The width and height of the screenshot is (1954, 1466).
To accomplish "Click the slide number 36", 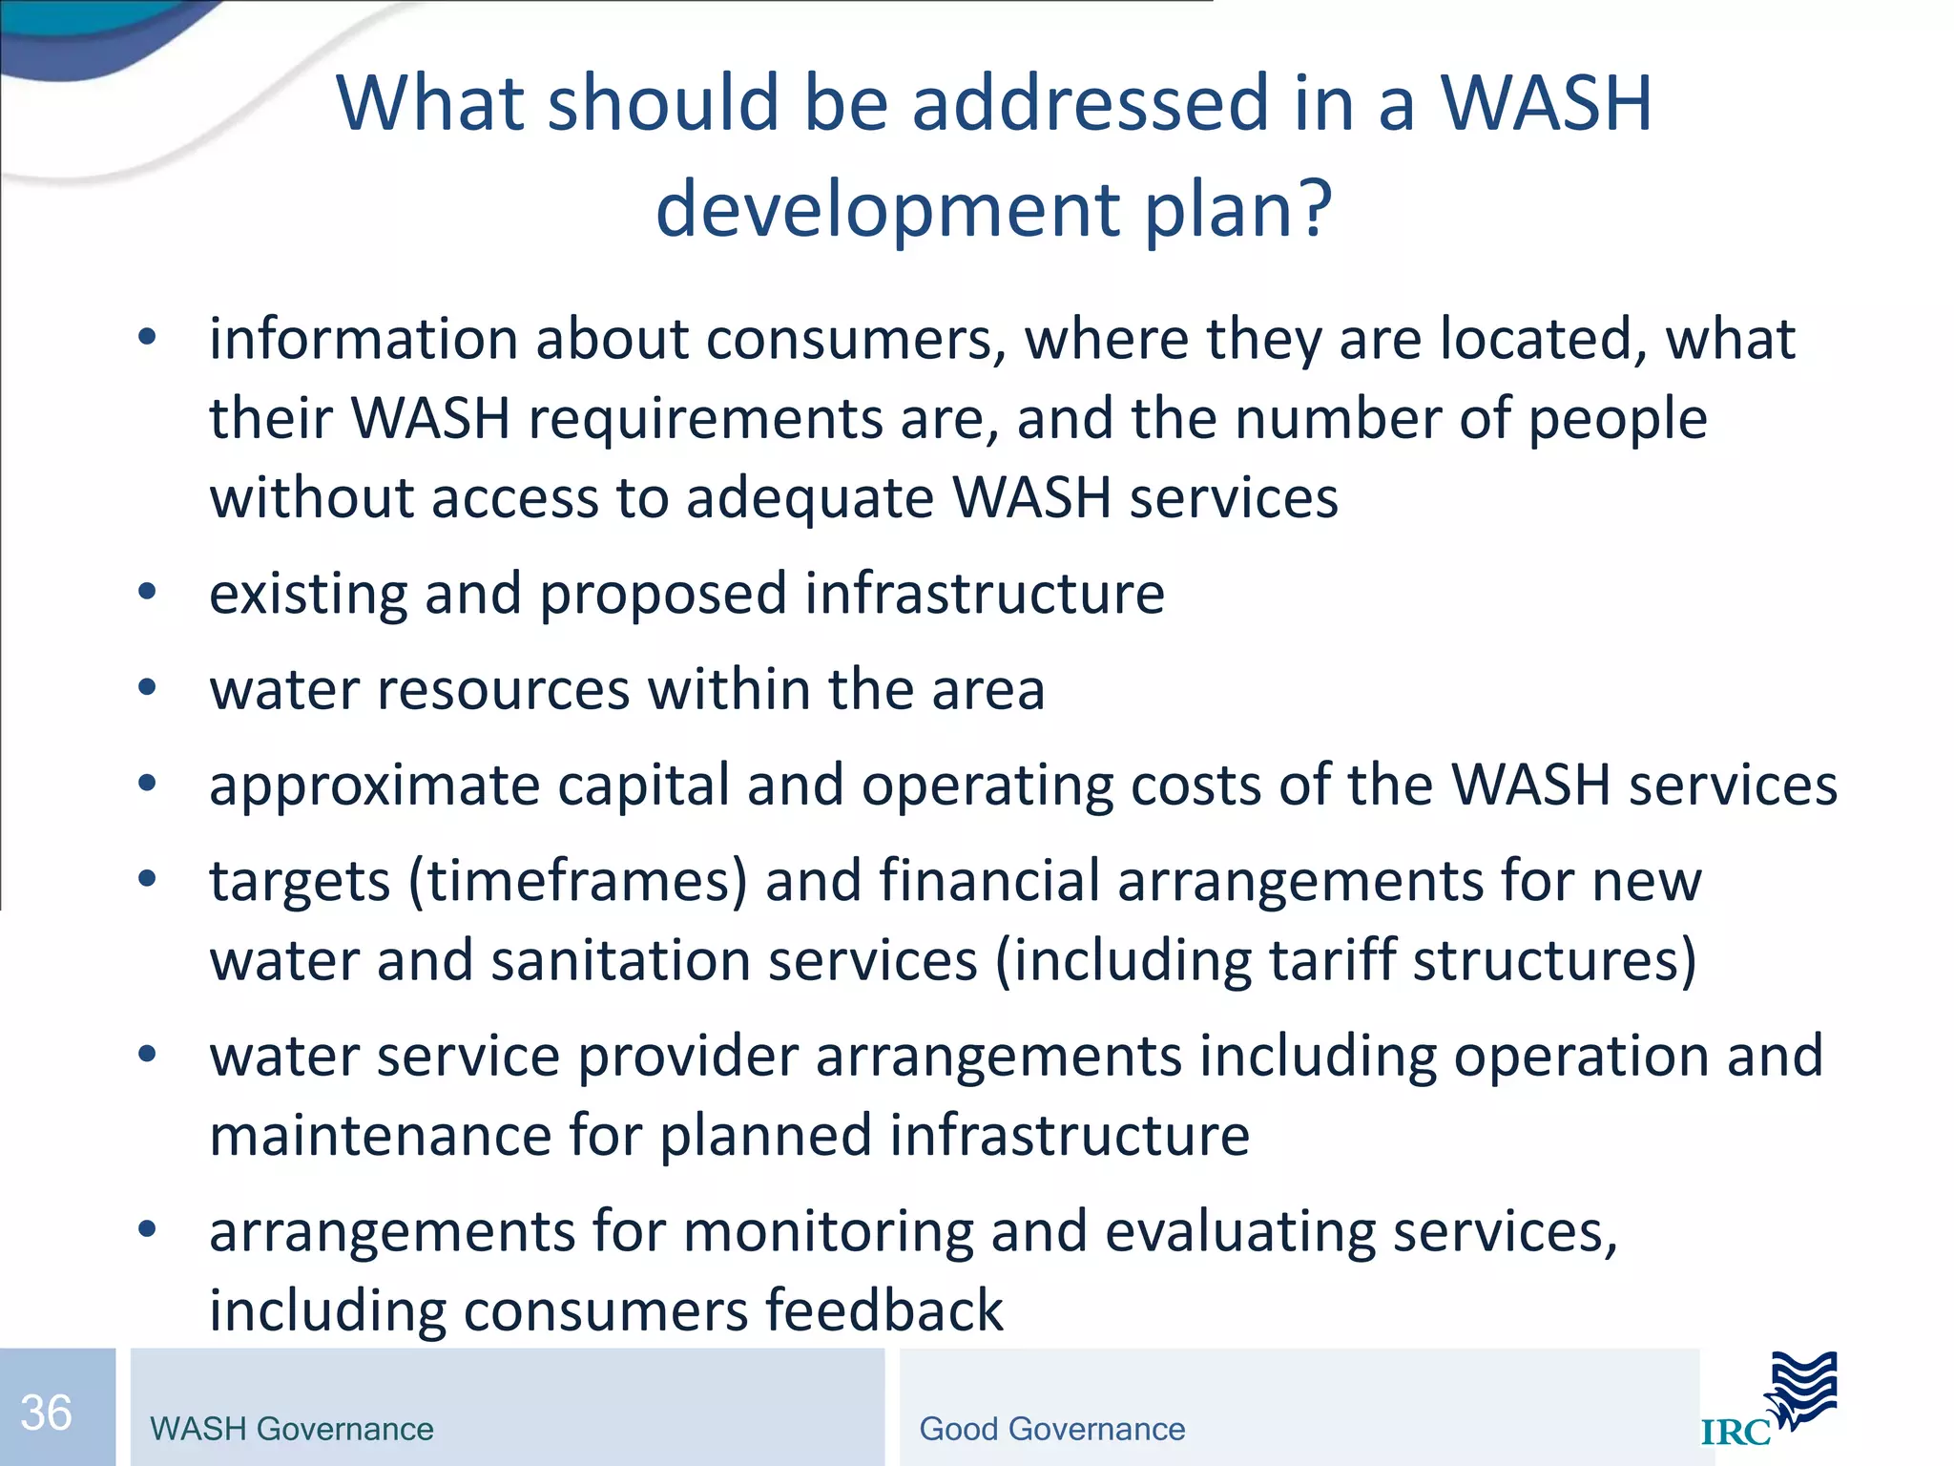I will pyautogui.click(x=46, y=1413).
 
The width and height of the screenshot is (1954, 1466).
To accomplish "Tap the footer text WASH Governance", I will pyautogui.click(x=292, y=1429).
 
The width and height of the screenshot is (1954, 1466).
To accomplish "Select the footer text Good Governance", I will pyautogui.click(x=1051, y=1429).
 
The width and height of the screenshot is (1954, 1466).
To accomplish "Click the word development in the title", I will pyautogui.click(x=888, y=211).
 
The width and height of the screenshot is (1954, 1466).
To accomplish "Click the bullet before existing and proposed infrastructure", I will pyautogui.click(x=146, y=593).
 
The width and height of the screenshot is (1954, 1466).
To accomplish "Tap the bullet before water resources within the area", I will pyautogui.click(x=146, y=688).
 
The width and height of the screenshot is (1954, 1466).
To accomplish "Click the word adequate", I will pyautogui.click(x=810, y=498).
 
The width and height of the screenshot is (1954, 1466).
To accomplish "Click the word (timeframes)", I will pyautogui.click(x=578, y=881).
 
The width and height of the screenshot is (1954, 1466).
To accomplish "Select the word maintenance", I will pyautogui.click(x=381, y=1136).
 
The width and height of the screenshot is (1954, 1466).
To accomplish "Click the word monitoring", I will pyautogui.click(x=828, y=1231).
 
